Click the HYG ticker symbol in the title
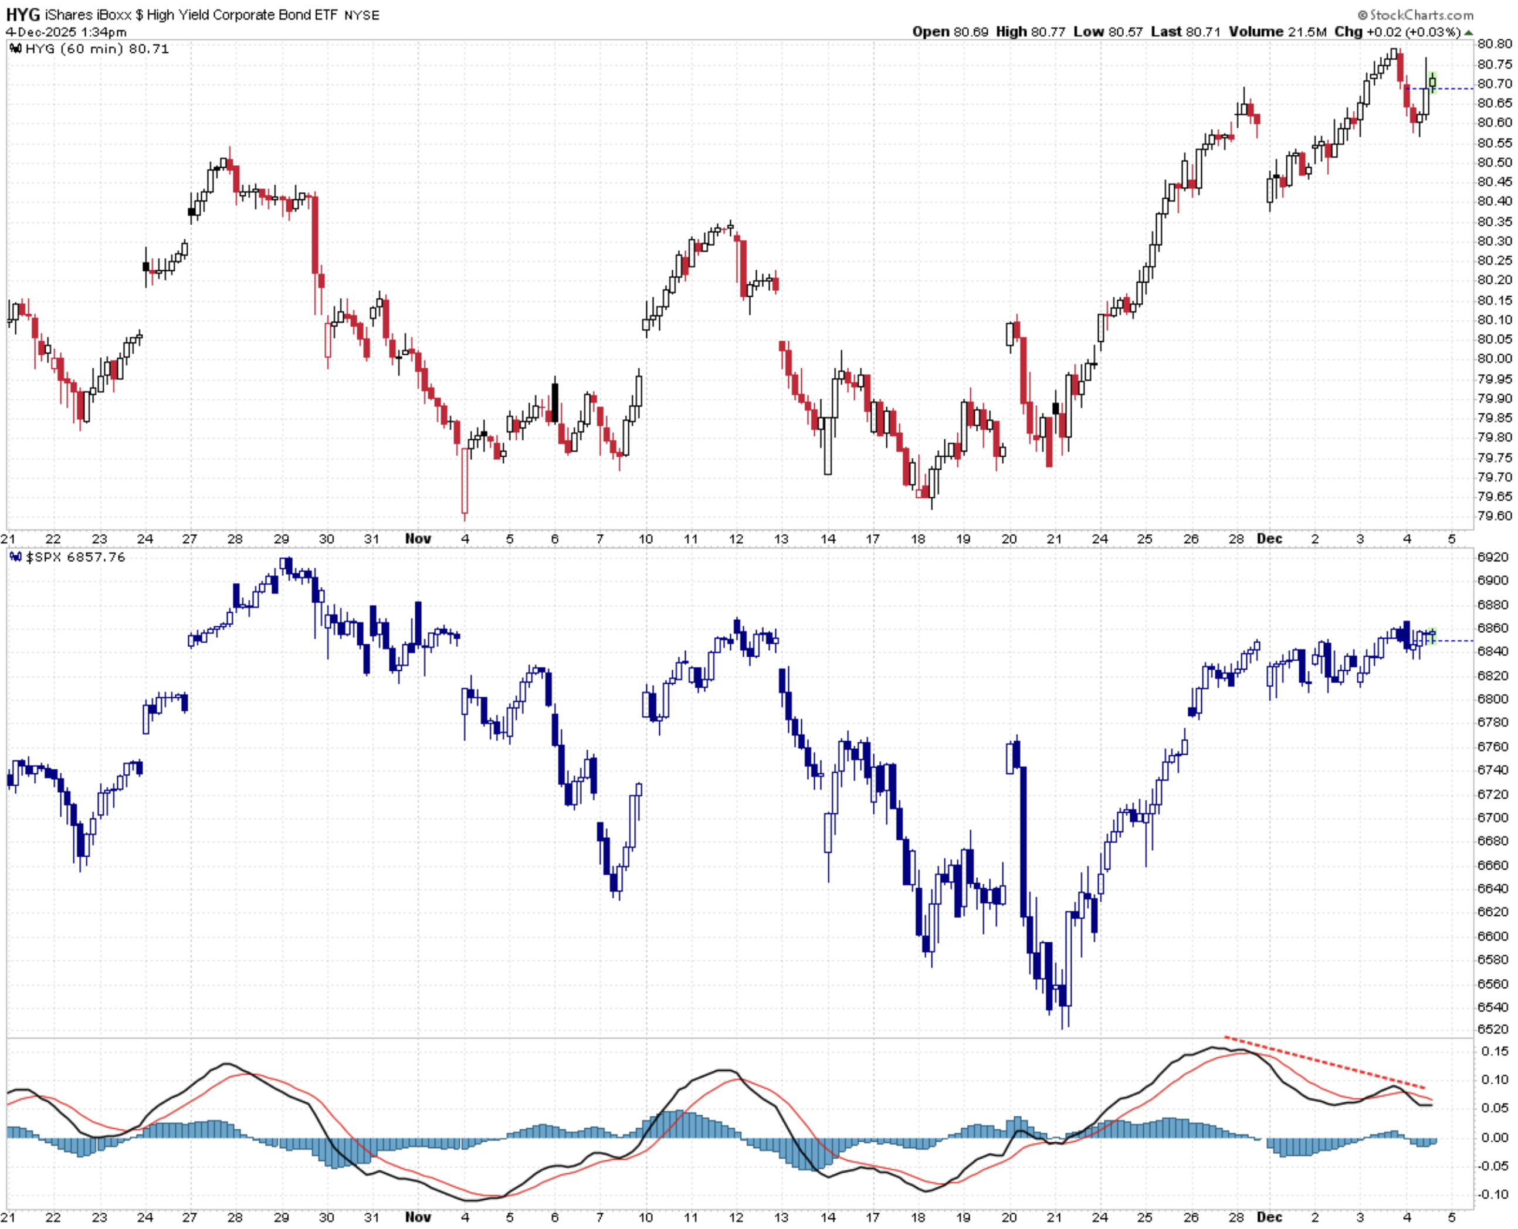[23, 14]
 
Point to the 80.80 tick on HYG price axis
[1494, 44]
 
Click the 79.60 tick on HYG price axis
[1494, 516]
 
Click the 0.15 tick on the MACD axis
[1494, 1051]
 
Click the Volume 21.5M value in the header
[1278, 32]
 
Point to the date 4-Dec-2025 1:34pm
[66, 32]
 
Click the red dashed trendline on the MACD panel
[1324, 1062]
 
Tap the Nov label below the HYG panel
[418, 539]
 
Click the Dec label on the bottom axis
[1269, 1217]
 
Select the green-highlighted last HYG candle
[1432, 82]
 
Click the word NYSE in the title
[361, 15]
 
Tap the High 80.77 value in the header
[1030, 32]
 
